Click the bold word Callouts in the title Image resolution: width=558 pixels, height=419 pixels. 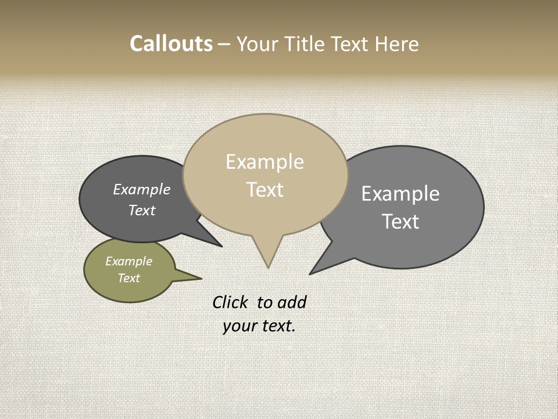point(171,44)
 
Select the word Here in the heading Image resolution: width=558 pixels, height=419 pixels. point(397,44)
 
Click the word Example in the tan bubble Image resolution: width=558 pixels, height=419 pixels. point(264,162)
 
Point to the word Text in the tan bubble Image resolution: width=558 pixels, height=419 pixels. point(265,190)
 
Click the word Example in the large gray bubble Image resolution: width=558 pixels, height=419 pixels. point(400,194)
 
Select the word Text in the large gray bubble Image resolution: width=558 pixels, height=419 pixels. point(400,222)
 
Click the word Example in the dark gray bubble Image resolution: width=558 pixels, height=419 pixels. point(142,190)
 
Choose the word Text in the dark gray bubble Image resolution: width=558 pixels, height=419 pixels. point(142,211)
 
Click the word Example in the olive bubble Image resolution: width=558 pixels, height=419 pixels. point(128,261)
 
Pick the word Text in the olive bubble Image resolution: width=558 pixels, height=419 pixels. point(128,278)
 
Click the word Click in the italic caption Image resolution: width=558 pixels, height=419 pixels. point(230,302)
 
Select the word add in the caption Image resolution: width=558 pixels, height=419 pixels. point(292,302)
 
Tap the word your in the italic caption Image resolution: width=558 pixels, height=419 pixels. point(239,326)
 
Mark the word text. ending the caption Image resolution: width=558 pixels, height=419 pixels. point(277,326)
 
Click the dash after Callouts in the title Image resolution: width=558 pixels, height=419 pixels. point(224,44)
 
